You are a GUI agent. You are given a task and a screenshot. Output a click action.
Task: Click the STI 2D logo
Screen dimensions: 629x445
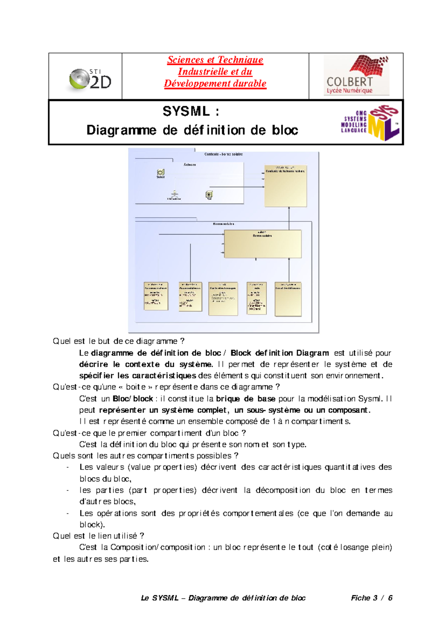pyautogui.click(x=90, y=79)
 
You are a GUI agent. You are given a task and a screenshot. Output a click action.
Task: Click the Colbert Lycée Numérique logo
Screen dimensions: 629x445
pyautogui.click(x=356, y=75)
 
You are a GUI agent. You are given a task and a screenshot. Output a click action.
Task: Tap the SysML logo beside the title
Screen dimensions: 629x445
pyautogui.click(x=370, y=122)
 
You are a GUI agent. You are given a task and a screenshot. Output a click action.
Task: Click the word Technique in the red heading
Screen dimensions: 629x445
pyautogui.click(x=240, y=60)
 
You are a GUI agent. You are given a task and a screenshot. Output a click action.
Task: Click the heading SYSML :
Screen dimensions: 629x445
pyautogui.click(x=191, y=111)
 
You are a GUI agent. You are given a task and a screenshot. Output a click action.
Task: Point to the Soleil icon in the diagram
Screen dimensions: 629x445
pyautogui.click(x=161, y=173)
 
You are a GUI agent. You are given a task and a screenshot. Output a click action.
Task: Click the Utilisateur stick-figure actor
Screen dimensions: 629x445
pyautogui.click(x=174, y=194)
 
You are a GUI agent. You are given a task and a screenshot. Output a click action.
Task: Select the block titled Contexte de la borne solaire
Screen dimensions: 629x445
pyautogui.click(x=286, y=186)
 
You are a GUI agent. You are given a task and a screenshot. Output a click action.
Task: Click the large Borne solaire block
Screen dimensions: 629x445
pyautogui.click(x=263, y=244)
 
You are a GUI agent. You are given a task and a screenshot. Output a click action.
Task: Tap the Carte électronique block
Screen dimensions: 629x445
pyautogui.click(x=223, y=299)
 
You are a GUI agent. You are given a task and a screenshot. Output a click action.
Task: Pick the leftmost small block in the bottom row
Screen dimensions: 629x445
pyautogui.click(x=156, y=296)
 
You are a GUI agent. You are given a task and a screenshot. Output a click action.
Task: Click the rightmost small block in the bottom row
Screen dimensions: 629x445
pyautogui.click(x=288, y=299)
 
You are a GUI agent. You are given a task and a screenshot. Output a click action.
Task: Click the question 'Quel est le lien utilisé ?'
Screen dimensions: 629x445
pyautogui.click(x=99, y=536)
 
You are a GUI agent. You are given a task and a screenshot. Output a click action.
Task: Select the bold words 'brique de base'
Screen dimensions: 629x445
pyautogui.click(x=245, y=399)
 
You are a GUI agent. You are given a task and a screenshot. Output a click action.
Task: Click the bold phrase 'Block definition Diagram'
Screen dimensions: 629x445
pyautogui.click(x=280, y=353)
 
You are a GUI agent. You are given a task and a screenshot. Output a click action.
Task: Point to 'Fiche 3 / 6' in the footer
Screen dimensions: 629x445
pyautogui.click(x=372, y=598)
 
